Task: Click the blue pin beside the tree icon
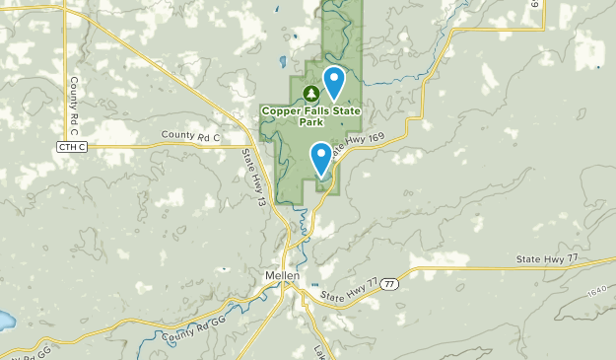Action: [334, 82]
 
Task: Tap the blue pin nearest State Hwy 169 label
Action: [321, 158]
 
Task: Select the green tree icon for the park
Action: [311, 94]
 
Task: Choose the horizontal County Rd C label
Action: [192, 136]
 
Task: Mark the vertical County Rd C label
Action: [73, 107]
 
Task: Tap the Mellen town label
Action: [282, 276]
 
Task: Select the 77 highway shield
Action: [390, 282]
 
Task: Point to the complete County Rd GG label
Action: [184, 327]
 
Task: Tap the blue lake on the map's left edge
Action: [4, 322]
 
